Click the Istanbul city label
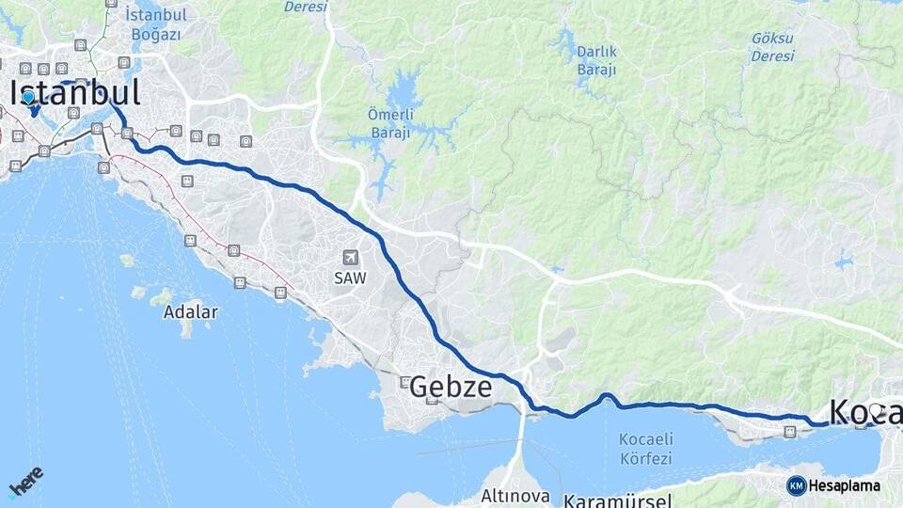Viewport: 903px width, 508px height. point(75,92)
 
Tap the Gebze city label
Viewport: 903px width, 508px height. point(451,386)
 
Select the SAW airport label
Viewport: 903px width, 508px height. point(350,278)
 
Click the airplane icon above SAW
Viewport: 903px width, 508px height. point(350,258)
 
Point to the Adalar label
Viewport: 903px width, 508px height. point(190,311)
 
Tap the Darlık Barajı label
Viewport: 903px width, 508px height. point(596,60)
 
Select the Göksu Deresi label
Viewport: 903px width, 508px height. point(772,47)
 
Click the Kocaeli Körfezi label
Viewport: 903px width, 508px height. point(645,449)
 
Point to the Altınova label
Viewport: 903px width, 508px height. point(514,495)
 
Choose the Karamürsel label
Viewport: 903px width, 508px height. point(618,500)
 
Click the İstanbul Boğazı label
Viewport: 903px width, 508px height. point(156,24)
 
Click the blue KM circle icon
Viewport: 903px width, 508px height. point(796,485)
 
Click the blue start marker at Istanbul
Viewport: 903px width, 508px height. point(28,97)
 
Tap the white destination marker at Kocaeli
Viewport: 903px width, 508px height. point(876,411)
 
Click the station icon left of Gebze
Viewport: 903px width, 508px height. point(405,382)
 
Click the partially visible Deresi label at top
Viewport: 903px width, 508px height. point(306,7)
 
